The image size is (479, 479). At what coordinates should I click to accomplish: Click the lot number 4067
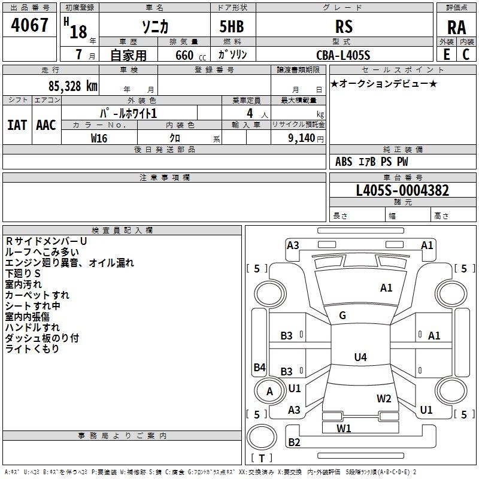(30, 25)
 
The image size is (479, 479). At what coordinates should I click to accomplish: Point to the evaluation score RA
(456, 27)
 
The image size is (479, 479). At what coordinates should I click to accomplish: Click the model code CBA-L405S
(343, 55)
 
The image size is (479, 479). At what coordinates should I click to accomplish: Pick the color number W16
(99, 138)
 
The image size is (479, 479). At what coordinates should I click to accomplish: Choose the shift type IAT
(17, 125)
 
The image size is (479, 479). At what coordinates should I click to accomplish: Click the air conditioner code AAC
(46, 125)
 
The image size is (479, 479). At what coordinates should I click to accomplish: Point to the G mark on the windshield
(342, 316)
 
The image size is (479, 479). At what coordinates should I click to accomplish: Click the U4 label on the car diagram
(360, 357)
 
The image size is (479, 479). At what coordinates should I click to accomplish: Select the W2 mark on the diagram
(384, 398)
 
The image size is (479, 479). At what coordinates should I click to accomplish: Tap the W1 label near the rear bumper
(344, 428)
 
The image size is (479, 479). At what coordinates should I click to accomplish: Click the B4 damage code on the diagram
(259, 368)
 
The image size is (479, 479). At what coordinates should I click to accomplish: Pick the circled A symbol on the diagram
(269, 392)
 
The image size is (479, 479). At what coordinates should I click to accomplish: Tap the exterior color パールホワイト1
(128, 113)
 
